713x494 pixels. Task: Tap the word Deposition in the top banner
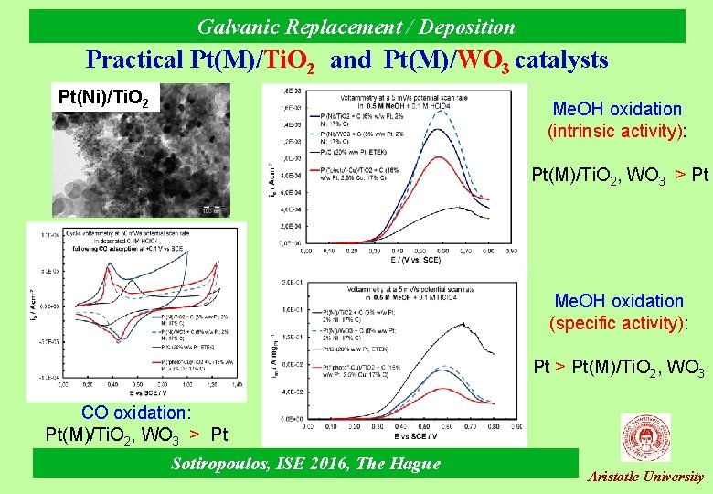(463, 27)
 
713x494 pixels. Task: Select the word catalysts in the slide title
(561, 60)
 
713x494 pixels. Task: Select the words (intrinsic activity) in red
(617, 131)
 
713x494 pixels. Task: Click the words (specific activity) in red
(618, 322)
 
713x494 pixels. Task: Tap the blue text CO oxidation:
(136, 413)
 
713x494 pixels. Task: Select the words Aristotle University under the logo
(645, 477)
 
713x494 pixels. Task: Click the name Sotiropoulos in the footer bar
(222, 464)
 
